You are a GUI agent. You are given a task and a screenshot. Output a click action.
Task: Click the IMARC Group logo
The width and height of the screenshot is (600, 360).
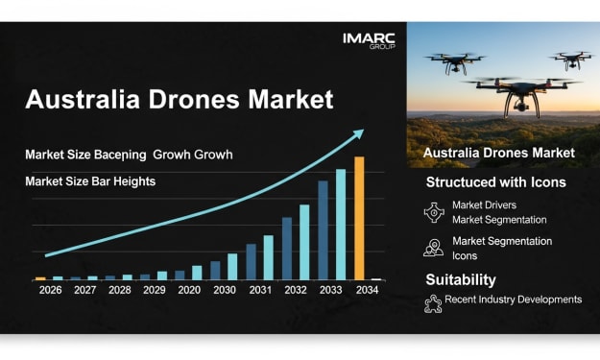369,41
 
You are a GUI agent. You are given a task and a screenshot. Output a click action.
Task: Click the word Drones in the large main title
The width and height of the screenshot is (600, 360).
194,99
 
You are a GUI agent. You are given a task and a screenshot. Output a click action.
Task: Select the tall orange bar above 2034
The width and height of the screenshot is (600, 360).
359,218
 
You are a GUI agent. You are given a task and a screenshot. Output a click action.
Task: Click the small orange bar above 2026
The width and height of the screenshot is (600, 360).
40,278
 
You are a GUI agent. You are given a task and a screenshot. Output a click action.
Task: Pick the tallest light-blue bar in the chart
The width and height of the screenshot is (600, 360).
341,225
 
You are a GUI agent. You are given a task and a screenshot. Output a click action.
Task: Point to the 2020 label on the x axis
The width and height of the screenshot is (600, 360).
189,290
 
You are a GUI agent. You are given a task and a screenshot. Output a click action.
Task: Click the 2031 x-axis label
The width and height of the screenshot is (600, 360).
260,290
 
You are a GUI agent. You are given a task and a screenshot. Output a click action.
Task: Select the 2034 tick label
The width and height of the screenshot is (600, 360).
367,290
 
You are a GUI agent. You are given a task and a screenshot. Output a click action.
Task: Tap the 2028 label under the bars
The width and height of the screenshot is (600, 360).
120,290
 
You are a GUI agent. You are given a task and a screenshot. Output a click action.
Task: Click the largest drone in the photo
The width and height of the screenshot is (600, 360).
520,94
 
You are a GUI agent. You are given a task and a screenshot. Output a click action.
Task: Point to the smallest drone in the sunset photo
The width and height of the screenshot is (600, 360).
571,60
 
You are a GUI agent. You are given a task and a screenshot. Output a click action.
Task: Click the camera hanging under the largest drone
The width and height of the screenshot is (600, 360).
520,105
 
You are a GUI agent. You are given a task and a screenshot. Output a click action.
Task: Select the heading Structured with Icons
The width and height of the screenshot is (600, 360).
496,182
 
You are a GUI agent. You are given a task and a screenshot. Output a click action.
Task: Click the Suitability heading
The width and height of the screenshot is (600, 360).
461,279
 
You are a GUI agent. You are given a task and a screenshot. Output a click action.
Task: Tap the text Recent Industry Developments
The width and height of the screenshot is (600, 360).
514,300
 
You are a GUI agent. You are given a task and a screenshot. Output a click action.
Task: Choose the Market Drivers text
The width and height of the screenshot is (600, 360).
484,205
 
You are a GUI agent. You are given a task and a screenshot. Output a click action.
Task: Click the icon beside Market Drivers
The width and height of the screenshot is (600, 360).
434,212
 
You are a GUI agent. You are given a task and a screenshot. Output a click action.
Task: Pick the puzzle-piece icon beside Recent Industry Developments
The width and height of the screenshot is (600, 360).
433,304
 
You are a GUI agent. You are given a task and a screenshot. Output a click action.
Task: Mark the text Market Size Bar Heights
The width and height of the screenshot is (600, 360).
90,181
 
